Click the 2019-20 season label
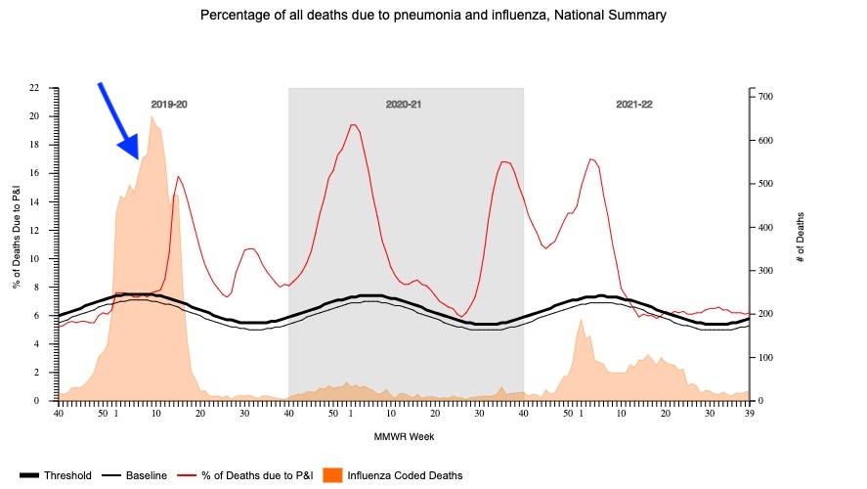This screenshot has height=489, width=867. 169,103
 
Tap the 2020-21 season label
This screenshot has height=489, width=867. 406,103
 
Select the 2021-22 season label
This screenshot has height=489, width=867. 634,103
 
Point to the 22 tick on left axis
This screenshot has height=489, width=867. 34,88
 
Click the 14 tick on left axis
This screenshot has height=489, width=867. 34,201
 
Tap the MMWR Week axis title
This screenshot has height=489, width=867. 404,436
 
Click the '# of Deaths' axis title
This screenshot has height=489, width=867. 800,237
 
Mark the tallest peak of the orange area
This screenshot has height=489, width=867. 152,116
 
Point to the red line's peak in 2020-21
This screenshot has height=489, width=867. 352,124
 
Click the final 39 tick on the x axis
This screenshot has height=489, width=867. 749,414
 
